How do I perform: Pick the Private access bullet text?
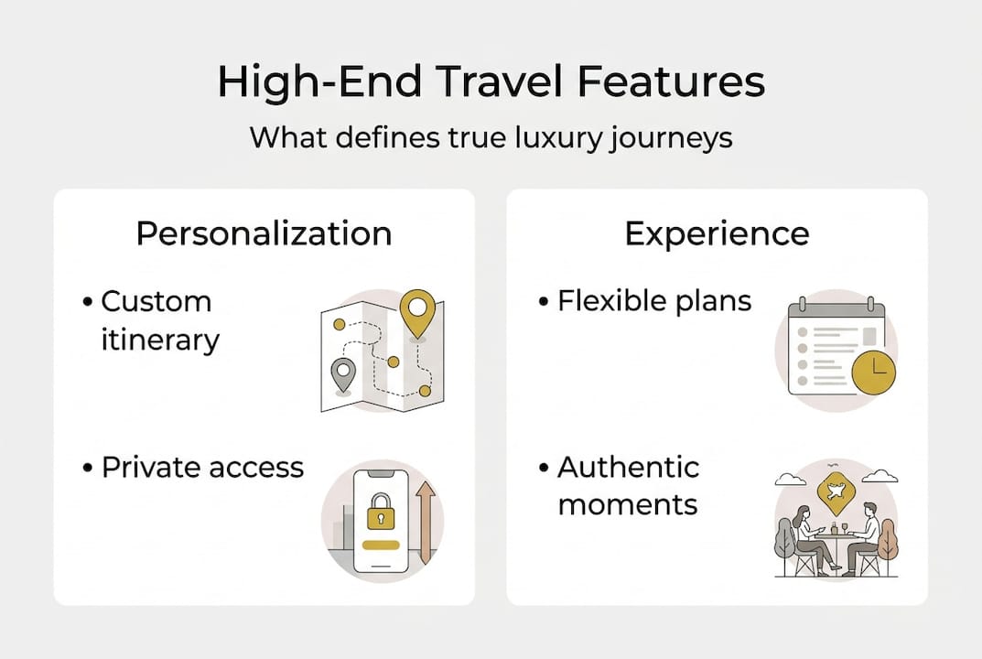coord(202,467)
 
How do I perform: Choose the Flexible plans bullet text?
coord(654,301)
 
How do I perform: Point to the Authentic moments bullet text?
coord(628,485)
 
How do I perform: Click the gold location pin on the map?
coord(418,312)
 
